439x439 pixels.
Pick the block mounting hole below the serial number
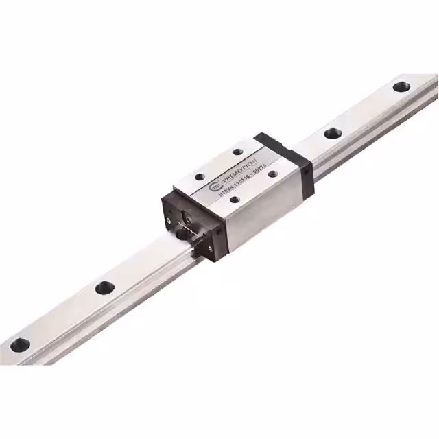pyautogui.click(x=235, y=200)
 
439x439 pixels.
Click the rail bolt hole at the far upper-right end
pyautogui.click(x=401, y=87)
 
